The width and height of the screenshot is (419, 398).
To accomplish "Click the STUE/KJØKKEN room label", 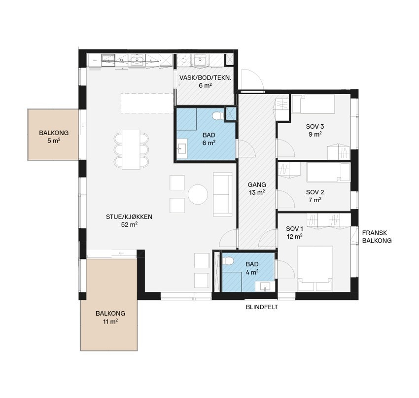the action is point(129,220).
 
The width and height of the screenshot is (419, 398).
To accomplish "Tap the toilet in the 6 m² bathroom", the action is point(217,116).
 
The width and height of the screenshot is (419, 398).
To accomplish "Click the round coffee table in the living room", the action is point(198,194).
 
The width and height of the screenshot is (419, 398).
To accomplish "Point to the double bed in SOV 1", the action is point(315,268).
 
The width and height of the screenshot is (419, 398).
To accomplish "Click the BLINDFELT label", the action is point(262,307).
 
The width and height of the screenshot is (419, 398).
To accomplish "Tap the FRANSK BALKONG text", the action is point(377,237).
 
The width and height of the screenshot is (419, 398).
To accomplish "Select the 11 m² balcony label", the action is point(110,317).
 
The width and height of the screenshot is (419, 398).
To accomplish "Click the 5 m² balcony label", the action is point(54,137).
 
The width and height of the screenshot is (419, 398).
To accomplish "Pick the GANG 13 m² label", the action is point(257,188).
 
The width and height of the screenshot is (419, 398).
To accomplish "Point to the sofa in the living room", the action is point(223,194).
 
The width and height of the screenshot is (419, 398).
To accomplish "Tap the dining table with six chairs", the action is point(131,150).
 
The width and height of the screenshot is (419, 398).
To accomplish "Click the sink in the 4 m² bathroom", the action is point(265,286).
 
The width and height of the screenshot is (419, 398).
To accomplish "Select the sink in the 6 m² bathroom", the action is point(182,148).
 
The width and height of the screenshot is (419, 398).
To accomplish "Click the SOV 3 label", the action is point(315,130).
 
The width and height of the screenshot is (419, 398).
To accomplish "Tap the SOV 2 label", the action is point(315,196).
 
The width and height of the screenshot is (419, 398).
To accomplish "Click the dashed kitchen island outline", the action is point(147,103).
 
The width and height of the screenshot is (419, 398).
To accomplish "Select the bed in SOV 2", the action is point(328,173).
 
